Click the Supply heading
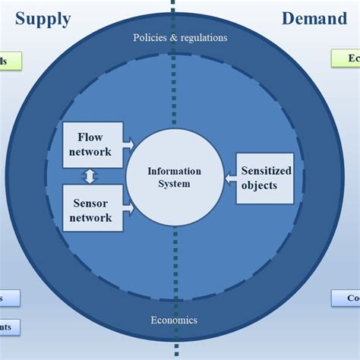(x=43, y=18)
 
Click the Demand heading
(x=314, y=18)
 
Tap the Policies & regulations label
(x=180, y=37)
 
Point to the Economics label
(x=174, y=320)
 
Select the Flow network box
(x=94, y=144)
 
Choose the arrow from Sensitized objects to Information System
(x=229, y=178)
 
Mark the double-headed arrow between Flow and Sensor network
(x=90, y=177)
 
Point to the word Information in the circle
(x=175, y=171)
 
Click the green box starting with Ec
(x=346, y=58)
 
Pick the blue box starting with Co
(x=346, y=298)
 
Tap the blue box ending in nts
(x=10, y=327)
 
